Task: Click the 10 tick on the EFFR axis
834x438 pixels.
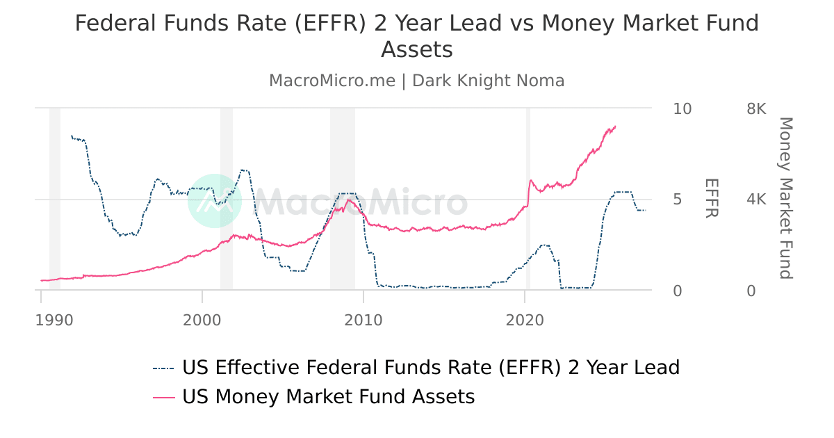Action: click(682, 109)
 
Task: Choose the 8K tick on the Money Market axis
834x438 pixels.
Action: click(756, 109)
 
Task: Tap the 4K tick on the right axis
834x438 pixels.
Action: click(756, 200)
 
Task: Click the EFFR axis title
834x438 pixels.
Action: click(711, 198)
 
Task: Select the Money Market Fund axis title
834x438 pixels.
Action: click(785, 198)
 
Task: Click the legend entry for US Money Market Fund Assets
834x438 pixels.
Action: click(328, 397)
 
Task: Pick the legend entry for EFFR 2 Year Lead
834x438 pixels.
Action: click(430, 367)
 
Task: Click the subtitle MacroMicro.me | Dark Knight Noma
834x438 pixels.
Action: click(417, 81)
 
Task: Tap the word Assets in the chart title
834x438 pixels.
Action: click(417, 50)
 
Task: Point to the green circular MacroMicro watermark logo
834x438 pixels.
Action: click(215, 201)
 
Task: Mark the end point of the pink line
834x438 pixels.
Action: click(616, 127)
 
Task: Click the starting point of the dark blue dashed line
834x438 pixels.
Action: click(71, 136)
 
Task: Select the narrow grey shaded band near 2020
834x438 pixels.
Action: click(528, 198)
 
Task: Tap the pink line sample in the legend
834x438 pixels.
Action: click(164, 397)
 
